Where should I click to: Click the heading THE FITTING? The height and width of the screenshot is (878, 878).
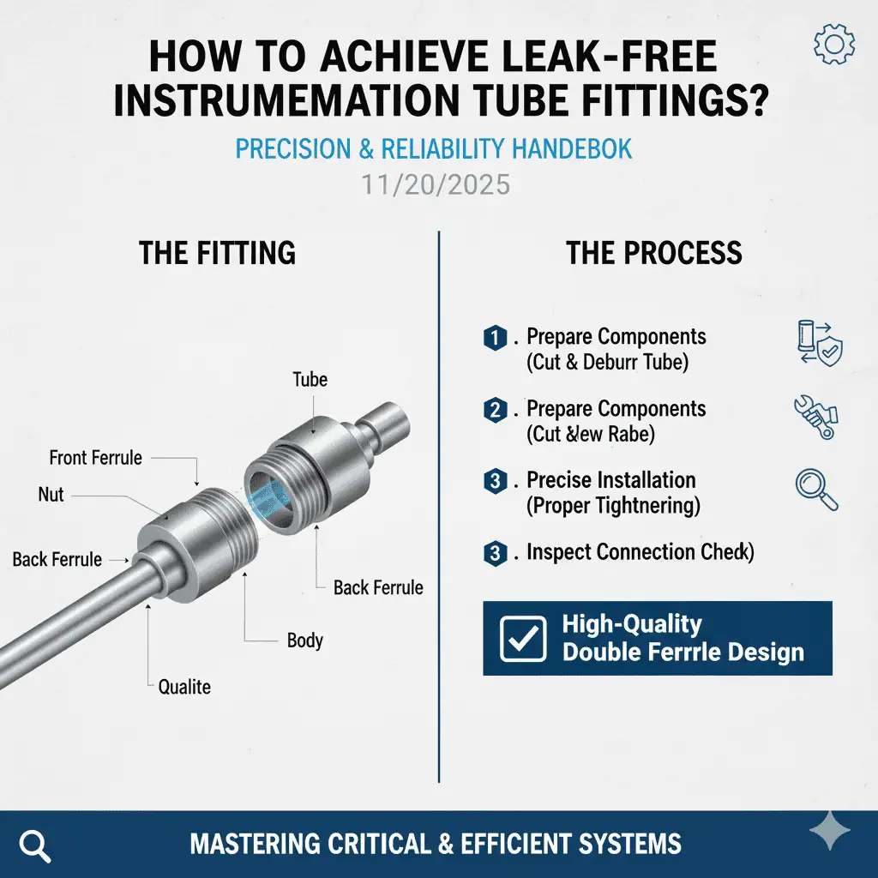[x=217, y=253]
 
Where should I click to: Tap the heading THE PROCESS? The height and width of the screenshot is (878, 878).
[x=654, y=253]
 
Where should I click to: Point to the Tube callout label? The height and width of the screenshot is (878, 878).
[x=310, y=379]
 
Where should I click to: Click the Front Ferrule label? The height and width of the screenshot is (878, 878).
[x=95, y=457]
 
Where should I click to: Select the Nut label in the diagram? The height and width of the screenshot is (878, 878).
[x=51, y=495]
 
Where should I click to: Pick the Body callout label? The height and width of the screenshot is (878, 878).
[x=305, y=640]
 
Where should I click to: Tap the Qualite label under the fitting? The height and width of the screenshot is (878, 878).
[x=184, y=686]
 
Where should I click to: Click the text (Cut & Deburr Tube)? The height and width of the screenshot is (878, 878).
[x=607, y=362]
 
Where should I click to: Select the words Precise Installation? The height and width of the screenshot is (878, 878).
[x=611, y=480]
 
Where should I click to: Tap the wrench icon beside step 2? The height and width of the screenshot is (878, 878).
[x=815, y=417]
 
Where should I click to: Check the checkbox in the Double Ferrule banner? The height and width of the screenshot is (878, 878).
[x=522, y=639]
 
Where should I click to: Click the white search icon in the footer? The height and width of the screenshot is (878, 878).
[x=34, y=845]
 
